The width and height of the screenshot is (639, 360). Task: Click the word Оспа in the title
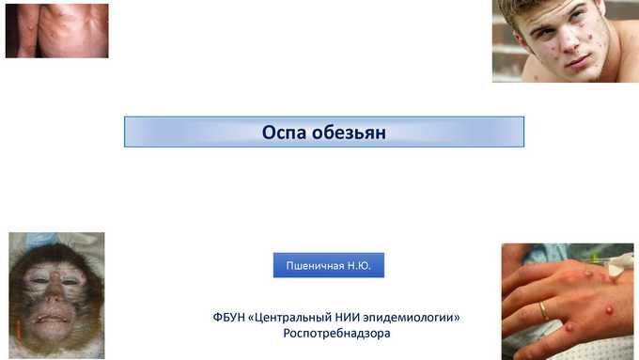[x=284, y=133]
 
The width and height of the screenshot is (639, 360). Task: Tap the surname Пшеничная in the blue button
[x=315, y=266]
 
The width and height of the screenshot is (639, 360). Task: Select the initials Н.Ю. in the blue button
[x=359, y=266]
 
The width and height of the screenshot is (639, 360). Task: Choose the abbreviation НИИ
[x=347, y=317]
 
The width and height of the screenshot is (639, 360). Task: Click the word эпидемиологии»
[x=412, y=318]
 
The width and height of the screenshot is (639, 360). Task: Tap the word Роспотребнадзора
[x=336, y=334]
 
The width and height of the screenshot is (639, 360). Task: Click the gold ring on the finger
[x=544, y=311]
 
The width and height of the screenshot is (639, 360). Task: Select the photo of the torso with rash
[x=57, y=31]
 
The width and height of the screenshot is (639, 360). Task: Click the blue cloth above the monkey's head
[x=39, y=241]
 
